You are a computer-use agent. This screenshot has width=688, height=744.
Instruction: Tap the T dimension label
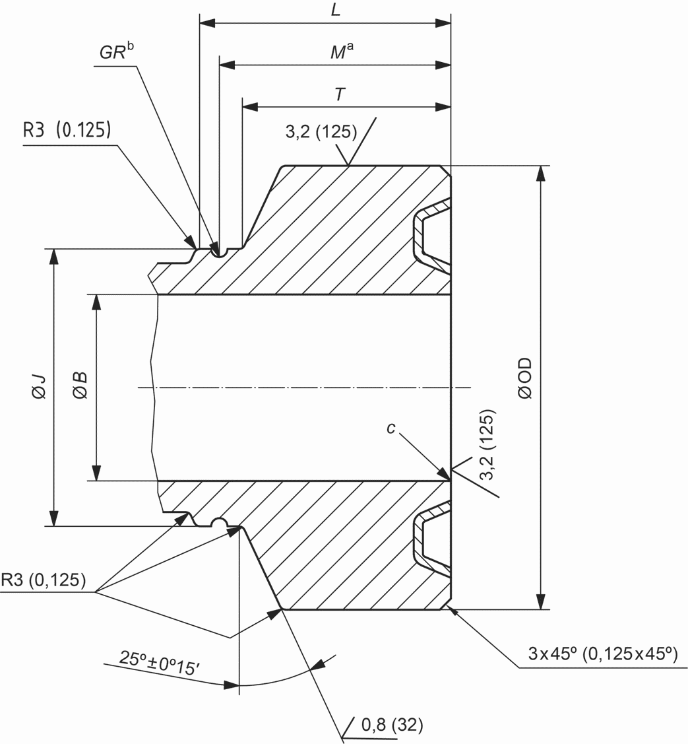(340, 94)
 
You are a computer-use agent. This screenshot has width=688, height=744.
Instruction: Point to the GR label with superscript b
(117, 51)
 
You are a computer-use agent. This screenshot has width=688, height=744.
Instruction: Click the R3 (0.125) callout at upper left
(67, 129)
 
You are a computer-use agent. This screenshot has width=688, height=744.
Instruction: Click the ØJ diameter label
(40, 386)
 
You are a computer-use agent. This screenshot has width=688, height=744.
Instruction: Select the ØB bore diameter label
(80, 385)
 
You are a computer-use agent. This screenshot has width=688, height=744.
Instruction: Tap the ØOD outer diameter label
(525, 378)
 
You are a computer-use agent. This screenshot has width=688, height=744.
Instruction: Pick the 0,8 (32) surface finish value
(392, 725)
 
